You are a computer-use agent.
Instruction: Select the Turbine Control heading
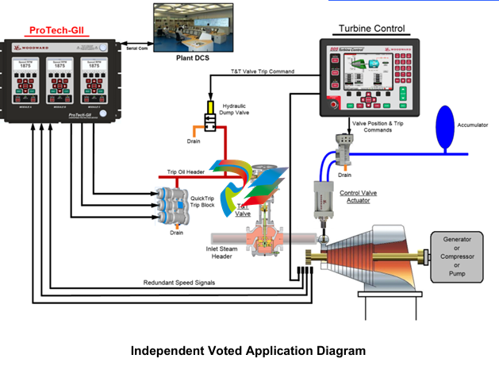point(371,29)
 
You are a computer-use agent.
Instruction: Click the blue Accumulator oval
point(443,125)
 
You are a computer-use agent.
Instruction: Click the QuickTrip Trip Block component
point(172,204)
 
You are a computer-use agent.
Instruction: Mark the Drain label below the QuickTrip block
point(176,233)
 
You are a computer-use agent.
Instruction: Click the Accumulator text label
point(473,125)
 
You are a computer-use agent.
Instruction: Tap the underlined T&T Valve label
point(244,210)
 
